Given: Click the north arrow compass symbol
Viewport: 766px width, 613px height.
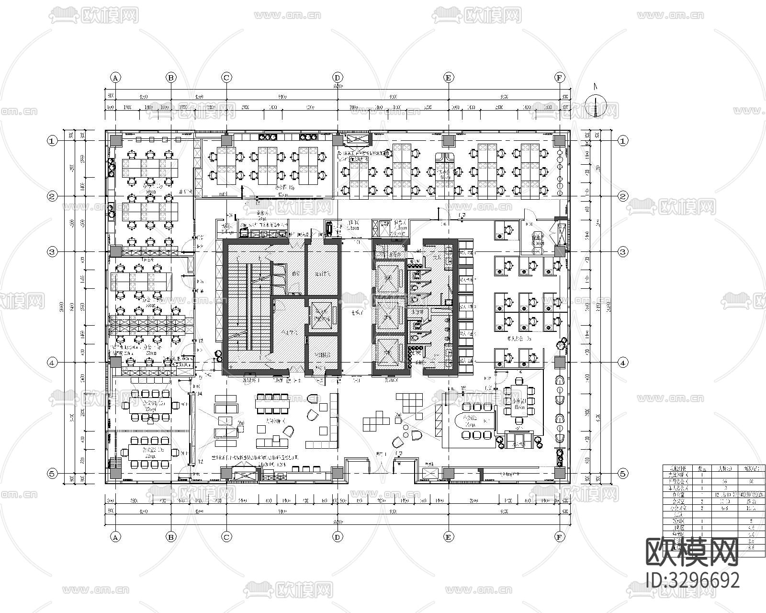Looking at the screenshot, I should click(596, 106).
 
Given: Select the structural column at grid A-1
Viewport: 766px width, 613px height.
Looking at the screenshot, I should click(115, 140).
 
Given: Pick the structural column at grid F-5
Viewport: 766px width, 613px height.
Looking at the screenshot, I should click(559, 473).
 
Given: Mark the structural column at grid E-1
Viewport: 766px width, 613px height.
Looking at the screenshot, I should click(448, 140).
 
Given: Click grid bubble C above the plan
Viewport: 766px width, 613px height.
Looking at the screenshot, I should click(226, 77).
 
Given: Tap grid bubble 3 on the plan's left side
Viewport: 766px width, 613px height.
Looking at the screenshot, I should click(52, 251).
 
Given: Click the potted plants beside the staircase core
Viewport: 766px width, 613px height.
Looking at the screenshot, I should click(218, 354).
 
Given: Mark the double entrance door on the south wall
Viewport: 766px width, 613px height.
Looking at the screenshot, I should click(382, 465).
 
